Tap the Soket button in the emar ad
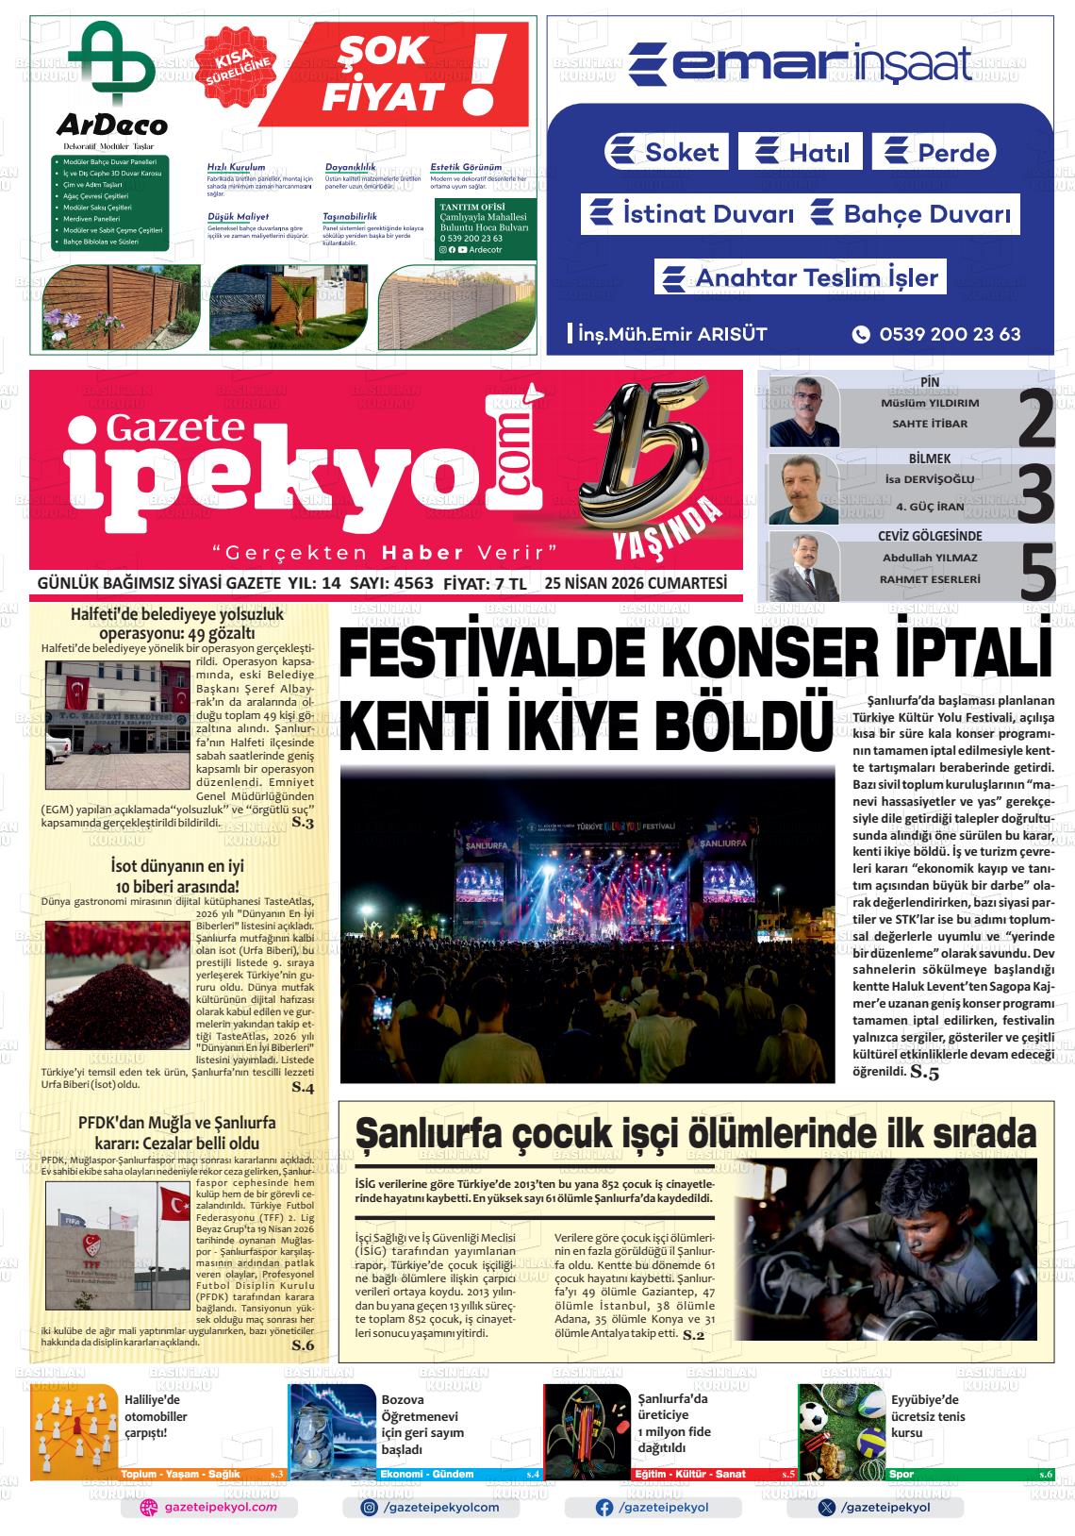[666, 152]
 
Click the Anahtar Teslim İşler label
[801, 277]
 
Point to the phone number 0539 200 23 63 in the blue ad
[949, 334]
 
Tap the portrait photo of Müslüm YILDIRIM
[803, 411]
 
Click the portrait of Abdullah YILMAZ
[803, 567]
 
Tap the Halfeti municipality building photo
[117, 726]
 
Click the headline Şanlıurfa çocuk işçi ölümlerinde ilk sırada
[694, 1133]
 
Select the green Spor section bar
[969, 1474]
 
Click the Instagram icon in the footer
[371, 1508]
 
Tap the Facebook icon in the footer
[604, 1508]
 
